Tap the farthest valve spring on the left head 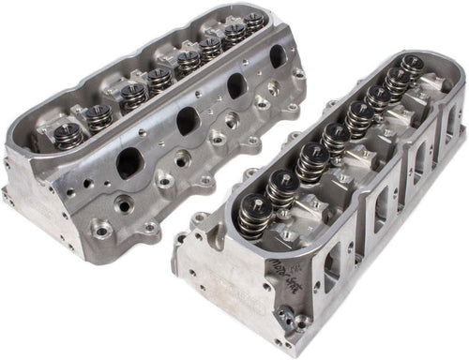coord(254,21)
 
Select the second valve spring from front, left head coord(98,116)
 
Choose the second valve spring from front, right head coord(280,187)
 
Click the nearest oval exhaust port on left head coord(129,164)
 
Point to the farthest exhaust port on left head coord(278,57)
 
